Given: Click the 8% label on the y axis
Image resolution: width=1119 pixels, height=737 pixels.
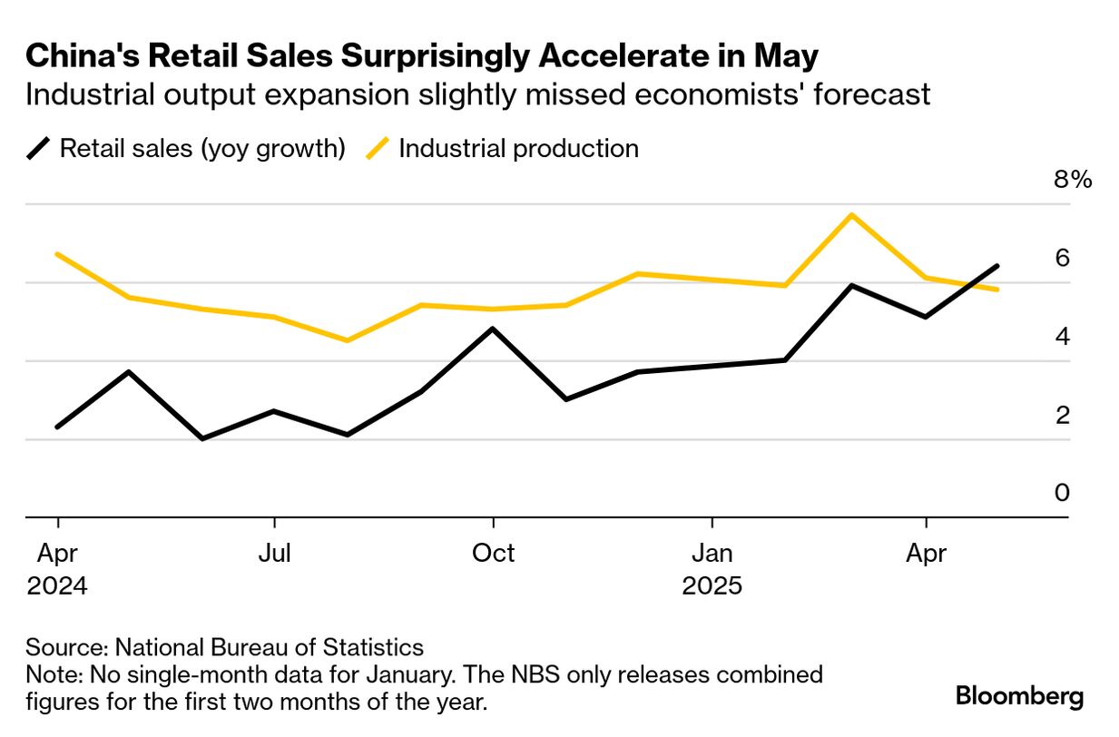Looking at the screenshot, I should pyautogui.click(x=1072, y=179).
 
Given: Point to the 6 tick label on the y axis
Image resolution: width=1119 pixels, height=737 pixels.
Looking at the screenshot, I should pyautogui.click(x=1061, y=258).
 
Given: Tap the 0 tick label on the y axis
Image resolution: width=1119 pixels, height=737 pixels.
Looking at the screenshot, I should pyautogui.click(x=1061, y=493).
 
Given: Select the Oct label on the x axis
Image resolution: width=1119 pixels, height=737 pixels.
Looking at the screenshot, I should pyautogui.click(x=493, y=553).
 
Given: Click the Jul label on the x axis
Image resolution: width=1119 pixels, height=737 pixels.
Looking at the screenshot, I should pyautogui.click(x=274, y=553).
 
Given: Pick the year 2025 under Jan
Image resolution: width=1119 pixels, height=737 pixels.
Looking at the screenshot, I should pyautogui.click(x=712, y=585).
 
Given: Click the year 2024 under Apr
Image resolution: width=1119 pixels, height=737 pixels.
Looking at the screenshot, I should pyautogui.click(x=57, y=585).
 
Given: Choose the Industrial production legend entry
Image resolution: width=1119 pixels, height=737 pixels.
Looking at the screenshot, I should pyautogui.click(x=518, y=148).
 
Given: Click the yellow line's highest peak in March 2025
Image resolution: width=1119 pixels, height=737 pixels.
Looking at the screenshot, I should pyautogui.click(x=851, y=215).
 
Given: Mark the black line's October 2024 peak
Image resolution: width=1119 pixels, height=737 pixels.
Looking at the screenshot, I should pyautogui.click(x=493, y=329).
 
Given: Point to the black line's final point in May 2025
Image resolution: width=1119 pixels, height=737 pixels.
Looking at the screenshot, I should pyautogui.click(x=997, y=266).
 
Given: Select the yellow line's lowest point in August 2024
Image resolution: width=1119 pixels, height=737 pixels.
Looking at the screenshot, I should pyautogui.click(x=347, y=340).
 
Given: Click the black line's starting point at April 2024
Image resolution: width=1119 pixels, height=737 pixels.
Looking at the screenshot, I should pyautogui.click(x=58, y=427).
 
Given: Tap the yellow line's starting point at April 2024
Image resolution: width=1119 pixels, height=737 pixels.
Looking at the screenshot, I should pyautogui.click(x=58, y=254).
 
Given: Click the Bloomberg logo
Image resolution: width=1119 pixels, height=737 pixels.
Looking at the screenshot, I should pyautogui.click(x=1019, y=696).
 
